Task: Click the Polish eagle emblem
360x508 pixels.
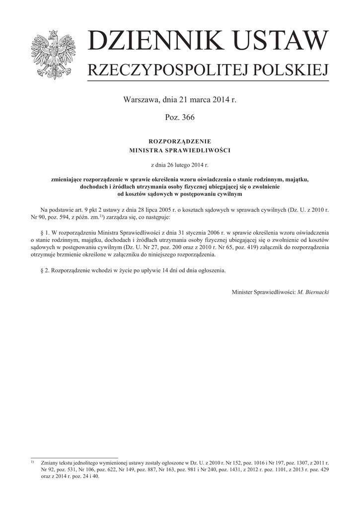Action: point(53,54)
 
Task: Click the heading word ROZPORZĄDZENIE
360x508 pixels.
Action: point(180,141)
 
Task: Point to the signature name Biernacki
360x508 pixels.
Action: point(317,292)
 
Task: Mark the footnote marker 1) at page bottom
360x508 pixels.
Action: point(32,461)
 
